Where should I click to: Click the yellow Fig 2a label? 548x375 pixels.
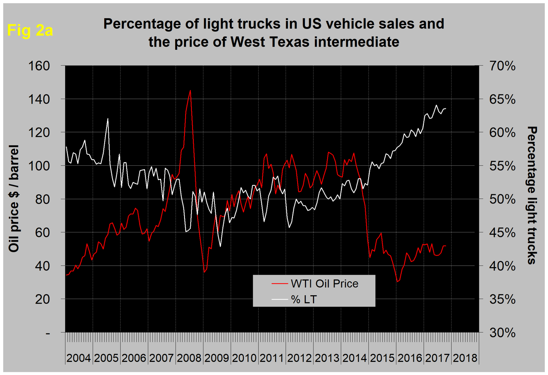(30, 30)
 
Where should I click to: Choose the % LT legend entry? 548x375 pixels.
(304, 299)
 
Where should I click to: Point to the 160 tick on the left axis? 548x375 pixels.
(39, 66)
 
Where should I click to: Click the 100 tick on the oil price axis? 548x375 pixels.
(39, 166)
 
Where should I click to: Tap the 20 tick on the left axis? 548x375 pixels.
(42, 299)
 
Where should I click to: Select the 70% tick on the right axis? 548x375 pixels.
(502, 66)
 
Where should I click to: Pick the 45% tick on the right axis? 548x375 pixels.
(502, 232)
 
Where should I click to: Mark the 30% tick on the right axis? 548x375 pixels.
(502, 333)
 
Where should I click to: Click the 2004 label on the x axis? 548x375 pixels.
(78, 358)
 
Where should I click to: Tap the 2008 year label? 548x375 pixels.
(189, 358)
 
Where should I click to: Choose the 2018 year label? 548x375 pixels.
(465, 358)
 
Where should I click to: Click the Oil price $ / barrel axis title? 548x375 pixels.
(14, 198)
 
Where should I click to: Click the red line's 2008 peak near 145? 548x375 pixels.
(190, 91)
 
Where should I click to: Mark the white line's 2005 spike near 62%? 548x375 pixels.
(108, 118)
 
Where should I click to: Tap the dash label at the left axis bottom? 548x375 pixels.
(48, 333)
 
